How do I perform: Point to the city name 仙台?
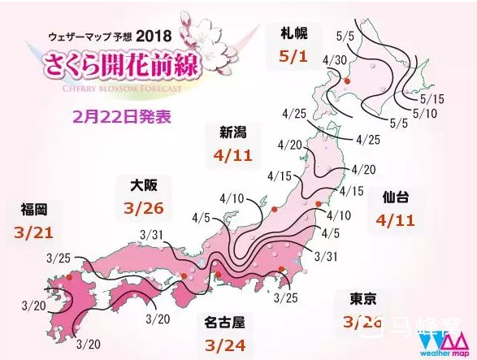(x=396, y=198)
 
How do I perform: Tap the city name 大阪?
(x=142, y=186)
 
